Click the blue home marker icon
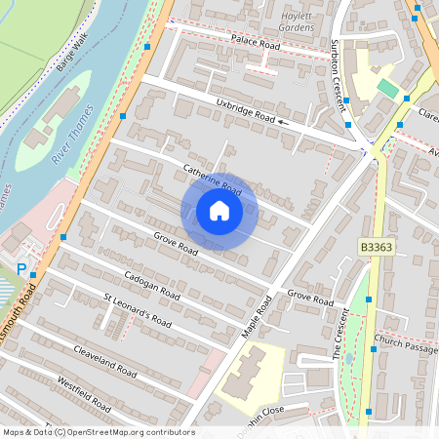[x=219, y=211]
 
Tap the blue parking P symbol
[x=21, y=268]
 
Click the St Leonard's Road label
[x=138, y=308]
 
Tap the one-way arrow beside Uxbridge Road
[x=284, y=123]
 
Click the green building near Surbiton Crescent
[x=387, y=89]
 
